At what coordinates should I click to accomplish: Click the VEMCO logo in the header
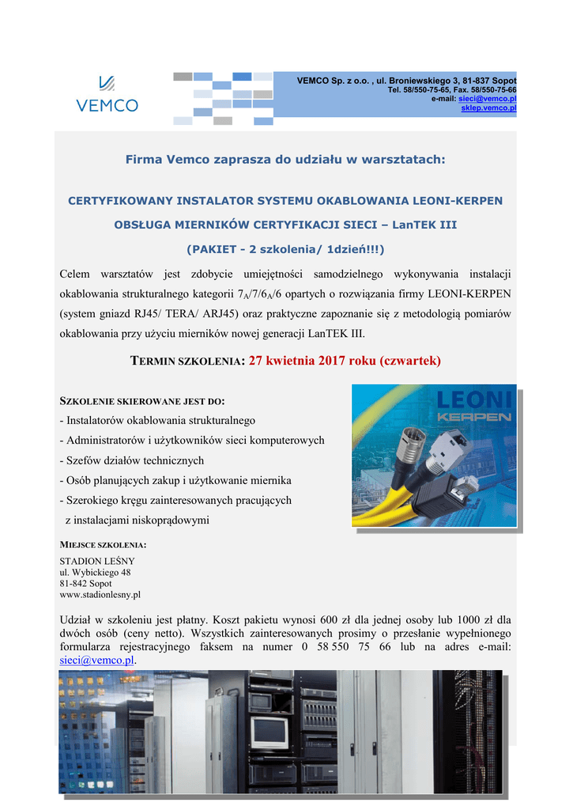point(107,94)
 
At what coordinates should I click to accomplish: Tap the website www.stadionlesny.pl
point(100,594)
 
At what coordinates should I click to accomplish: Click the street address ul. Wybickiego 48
point(96,572)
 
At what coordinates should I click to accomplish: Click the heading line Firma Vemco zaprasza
point(285,160)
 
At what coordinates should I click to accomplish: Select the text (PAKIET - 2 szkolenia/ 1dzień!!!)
point(285,249)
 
